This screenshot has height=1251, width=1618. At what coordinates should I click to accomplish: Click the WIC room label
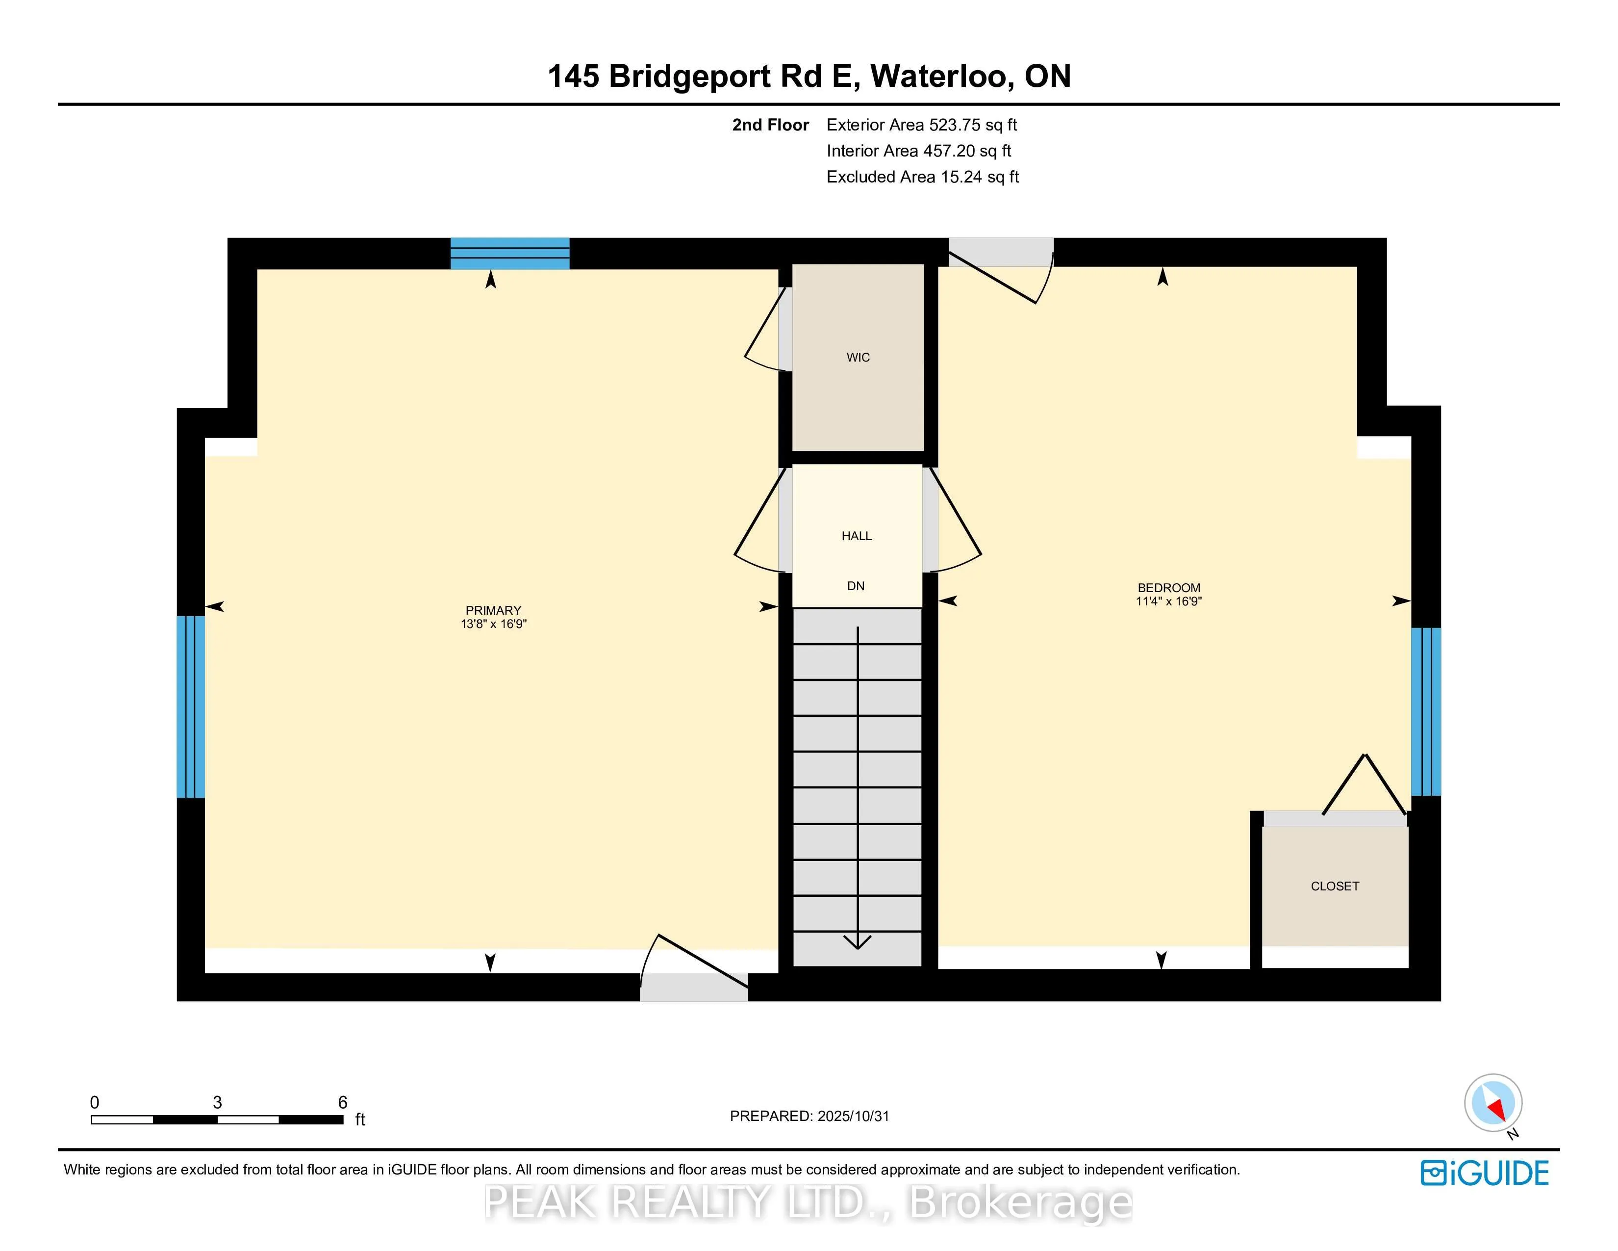[x=858, y=357]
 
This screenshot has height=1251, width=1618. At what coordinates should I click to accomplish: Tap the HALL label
[x=857, y=536]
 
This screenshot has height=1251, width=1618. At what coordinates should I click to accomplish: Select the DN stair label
[x=856, y=586]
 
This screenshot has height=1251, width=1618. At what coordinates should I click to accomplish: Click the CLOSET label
[x=1334, y=886]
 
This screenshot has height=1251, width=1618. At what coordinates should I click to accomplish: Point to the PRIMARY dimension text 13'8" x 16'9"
[x=493, y=624]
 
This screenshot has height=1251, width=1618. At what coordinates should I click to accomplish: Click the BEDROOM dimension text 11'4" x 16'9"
[x=1168, y=602]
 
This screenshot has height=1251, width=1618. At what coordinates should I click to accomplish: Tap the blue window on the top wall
[x=510, y=254]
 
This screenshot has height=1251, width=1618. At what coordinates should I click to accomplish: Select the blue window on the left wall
[x=190, y=706]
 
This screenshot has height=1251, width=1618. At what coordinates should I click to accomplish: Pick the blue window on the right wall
[x=1425, y=711]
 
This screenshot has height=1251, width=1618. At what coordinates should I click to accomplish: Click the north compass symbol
[x=1493, y=1103]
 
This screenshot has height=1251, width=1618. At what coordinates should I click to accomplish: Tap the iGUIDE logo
[x=1484, y=1173]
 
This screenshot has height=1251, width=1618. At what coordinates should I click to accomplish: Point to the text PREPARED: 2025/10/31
[x=809, y=1116]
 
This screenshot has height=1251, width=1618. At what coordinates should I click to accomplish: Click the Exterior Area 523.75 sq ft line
[x=922, y=125]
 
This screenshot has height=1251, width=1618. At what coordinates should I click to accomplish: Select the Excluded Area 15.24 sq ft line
[x=922, y=177]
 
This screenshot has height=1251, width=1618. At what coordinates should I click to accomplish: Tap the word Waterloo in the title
[x=938, y=77]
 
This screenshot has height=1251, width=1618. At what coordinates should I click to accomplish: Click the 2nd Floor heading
[x=770, y=125]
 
